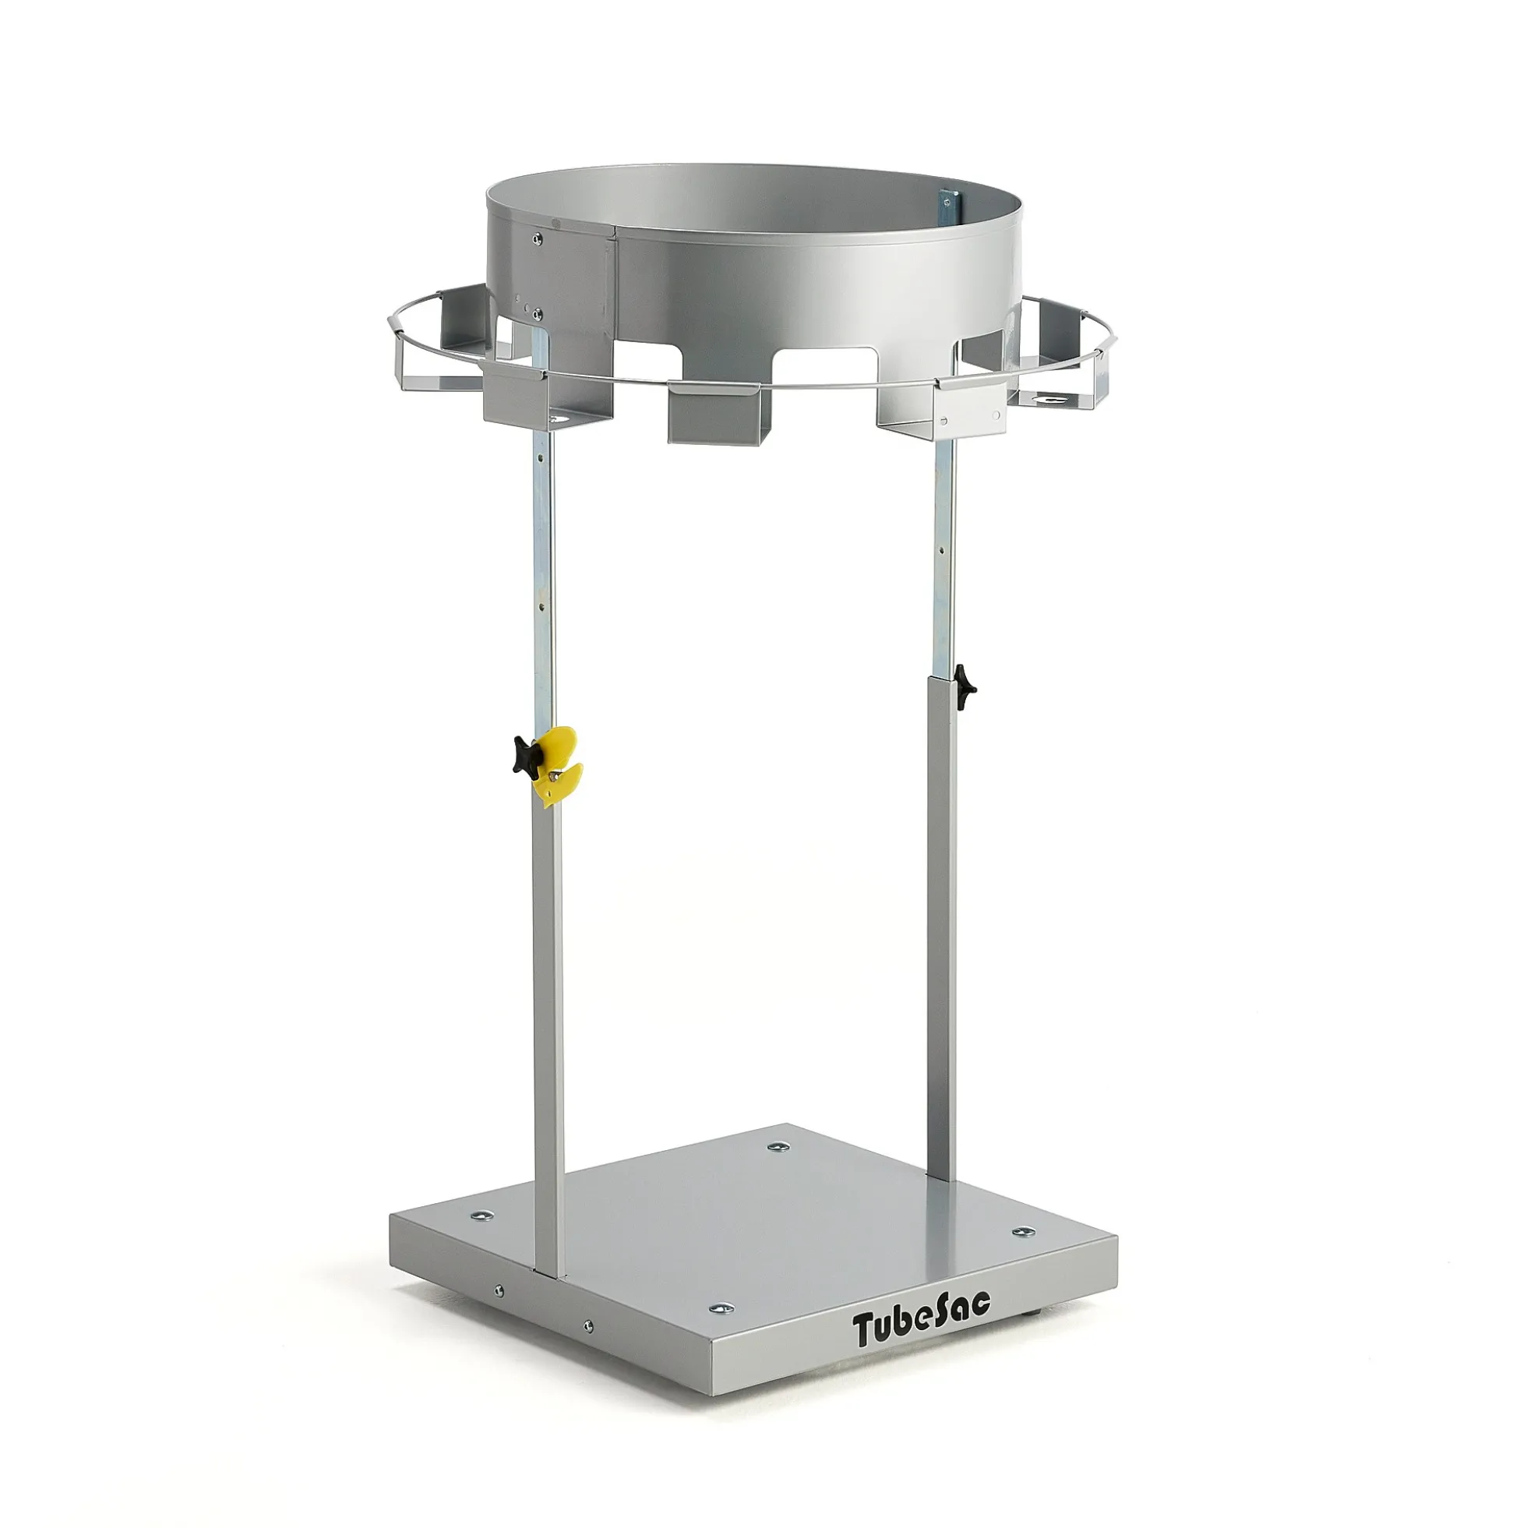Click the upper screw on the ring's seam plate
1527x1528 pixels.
click(538, 236)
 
